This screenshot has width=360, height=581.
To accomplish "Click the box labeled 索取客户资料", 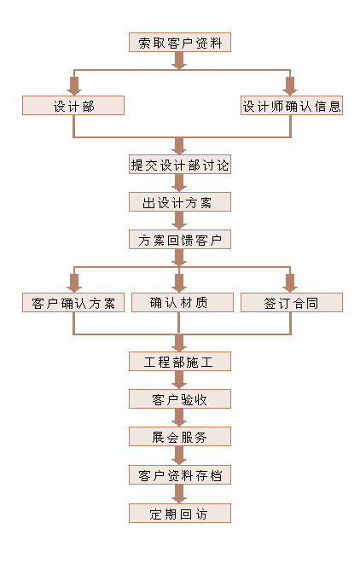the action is [180, 43].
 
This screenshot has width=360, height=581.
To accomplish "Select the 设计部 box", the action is [73, 106].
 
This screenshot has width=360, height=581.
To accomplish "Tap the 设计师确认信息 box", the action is [292, 106].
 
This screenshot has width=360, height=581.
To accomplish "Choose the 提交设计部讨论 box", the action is [180, 164].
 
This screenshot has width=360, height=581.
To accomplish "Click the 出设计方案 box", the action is [180, 202].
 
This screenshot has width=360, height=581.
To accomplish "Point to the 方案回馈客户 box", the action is [180, 240].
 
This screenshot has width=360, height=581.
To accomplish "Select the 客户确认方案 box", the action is [73, 302].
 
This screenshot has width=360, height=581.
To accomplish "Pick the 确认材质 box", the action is [183, 302].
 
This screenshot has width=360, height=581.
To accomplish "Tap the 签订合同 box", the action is [292, 302].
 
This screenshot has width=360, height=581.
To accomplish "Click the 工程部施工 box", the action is [180, 361].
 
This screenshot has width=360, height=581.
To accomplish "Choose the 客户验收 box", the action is [180, 398].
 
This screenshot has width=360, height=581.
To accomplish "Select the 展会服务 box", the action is [180, 437].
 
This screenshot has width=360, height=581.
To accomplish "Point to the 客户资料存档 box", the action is [180, 474].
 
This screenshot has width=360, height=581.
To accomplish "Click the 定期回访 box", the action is [180, 514].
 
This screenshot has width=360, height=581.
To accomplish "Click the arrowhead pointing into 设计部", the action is [74, 90].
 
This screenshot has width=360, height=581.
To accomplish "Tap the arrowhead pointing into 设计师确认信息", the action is [290, 90].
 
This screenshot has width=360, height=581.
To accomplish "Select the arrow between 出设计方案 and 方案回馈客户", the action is [179, 220].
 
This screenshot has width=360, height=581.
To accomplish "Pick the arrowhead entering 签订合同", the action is [290, 288].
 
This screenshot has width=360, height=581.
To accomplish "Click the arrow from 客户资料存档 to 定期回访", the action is [179, 494].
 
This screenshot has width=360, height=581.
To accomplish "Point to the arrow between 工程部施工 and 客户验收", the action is [179, 380].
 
